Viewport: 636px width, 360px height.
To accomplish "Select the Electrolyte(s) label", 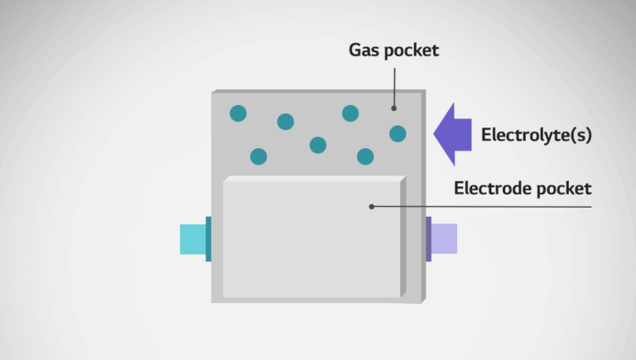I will click(x=537, y=135).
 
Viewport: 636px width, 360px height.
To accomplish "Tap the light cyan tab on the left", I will click(x=192, y=238).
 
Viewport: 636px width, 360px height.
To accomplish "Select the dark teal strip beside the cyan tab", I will click(x=209, y=238).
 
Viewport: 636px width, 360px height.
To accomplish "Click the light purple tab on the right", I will click(x=444, y=238).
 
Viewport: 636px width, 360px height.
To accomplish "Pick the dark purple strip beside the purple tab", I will click(x=428, y=238).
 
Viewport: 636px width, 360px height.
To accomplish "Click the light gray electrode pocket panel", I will click(x=311, y=240).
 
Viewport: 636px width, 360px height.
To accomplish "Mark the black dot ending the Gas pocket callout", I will click(x=394, y=107).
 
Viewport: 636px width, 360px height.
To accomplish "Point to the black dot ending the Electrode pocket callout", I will click(x=371, y=206).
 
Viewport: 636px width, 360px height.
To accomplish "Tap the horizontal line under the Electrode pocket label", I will click(x=513, y=206).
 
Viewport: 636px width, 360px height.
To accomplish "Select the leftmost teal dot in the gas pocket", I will click(x=238, y=113).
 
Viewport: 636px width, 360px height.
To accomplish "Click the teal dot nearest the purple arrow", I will click(x=397, y=133).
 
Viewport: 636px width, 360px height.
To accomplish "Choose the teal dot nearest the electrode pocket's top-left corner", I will click(x=258, y=156).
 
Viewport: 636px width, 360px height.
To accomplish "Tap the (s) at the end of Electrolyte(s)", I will click(x=582, y=135).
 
